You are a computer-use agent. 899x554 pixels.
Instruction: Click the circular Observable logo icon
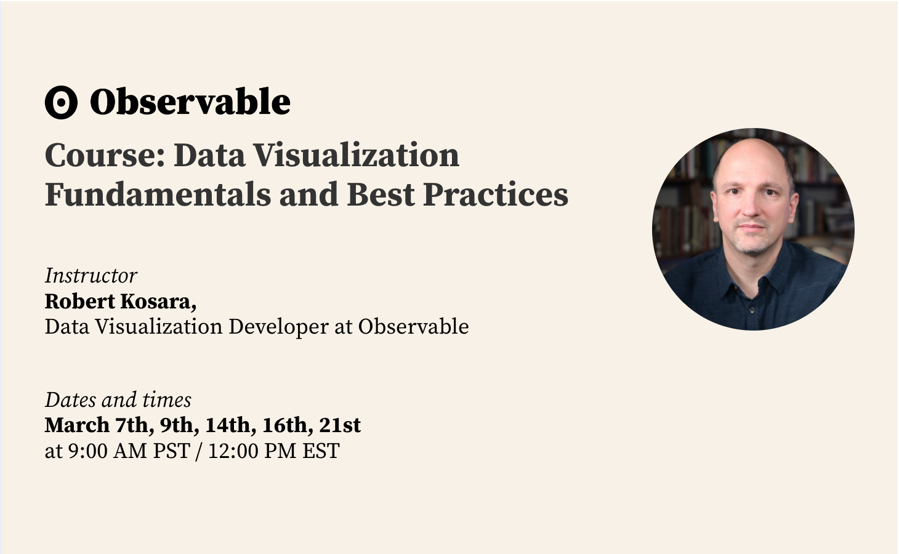coord(61,102)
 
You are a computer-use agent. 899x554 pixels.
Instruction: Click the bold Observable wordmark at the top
coord(190,102)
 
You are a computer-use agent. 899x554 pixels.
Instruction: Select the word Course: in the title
coord(105,155)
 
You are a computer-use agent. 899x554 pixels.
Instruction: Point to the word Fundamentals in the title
coord(158,195)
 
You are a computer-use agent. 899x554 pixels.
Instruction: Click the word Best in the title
coord(381,195)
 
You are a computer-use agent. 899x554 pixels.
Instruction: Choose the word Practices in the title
coord(496,195)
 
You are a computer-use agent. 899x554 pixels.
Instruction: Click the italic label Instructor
coord(91,276)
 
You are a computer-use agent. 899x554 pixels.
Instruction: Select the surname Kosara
coord(158,301)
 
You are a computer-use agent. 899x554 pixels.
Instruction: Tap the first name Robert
coord(80,301)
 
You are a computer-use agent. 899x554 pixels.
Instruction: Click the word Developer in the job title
coord(278,327)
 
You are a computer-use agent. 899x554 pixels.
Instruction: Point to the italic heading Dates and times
coord(118,400)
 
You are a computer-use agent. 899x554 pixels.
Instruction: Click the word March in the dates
coord(77,425)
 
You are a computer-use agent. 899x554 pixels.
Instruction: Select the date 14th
coord(231,425)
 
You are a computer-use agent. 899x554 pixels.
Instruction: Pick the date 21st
coord(340,425)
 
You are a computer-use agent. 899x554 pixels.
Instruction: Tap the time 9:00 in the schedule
coord(88,451)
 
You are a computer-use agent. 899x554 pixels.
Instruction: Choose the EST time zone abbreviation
coord(321,451)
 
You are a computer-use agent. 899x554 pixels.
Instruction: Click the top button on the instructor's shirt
coord(752,310)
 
